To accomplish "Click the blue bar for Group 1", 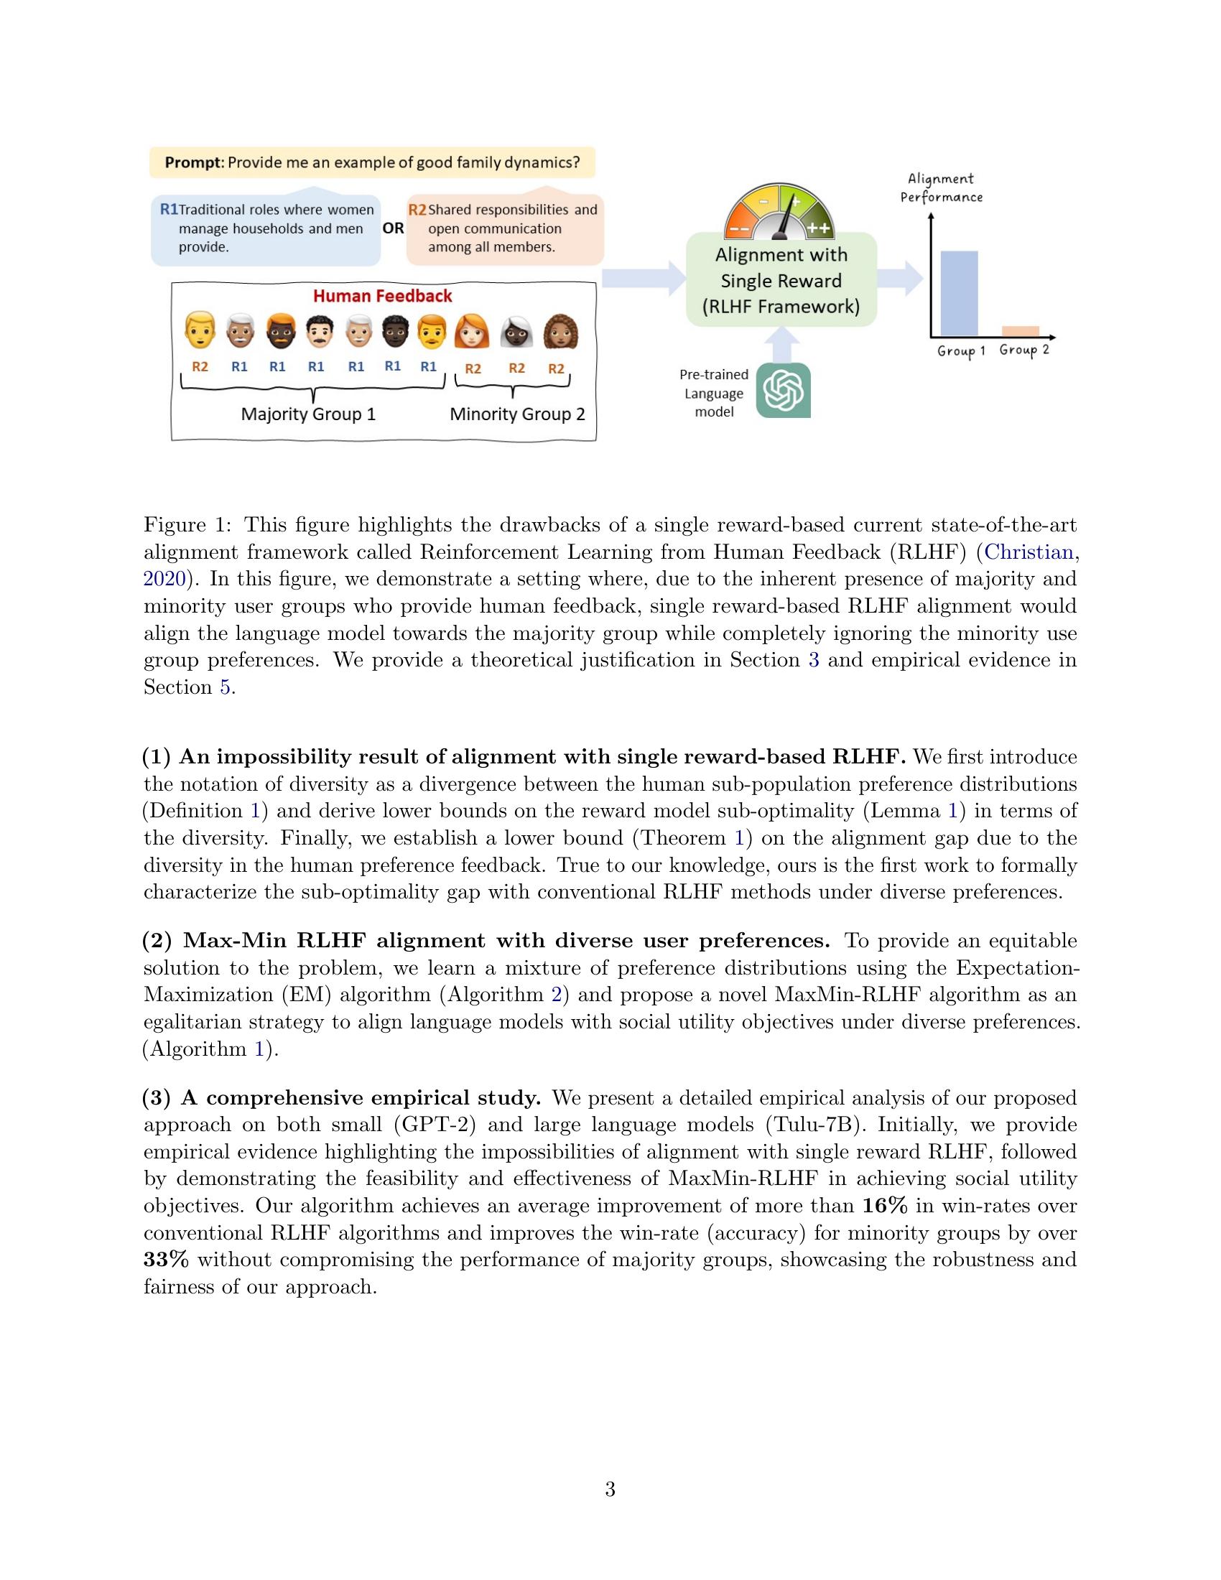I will pyautogui.click(x=958, y=293).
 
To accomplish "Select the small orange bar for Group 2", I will pyautogui.click(x=1020, y=331).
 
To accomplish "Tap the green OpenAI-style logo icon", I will pyautogui.click(x=784, y=391).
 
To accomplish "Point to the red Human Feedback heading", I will pyautogui.click(x=383, y=296).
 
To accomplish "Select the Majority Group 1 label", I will pyautogui.click(x=308, y=414).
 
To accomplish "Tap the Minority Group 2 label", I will pyautogui.click(x=517, y=414).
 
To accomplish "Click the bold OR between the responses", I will pyautogui.click(x=394, y=228).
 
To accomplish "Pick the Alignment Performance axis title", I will pyautogui.click(x=941, y=187).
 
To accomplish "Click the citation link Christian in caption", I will pyautogui.click(x=1029, y=553).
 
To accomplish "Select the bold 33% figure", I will pyautogui.click(x=166, y=1260).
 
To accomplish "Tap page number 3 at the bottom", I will pyautogui.click(x=610, y=1490).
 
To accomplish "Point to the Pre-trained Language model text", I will pyautogui.click(x=713, y=394).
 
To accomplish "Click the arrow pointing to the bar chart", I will pyautogui.click(x=901, y=279).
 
